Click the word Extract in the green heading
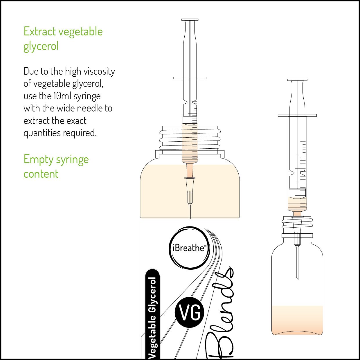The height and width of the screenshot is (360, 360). click(40, 31)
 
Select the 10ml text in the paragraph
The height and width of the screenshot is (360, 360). click(62, 96)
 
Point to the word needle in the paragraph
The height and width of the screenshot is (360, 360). click(90, 108)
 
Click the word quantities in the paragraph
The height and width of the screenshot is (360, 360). click(42, 133)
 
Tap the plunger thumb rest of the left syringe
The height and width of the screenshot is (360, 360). click(190, 20)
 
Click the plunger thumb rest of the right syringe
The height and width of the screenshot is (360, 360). click(297, 80)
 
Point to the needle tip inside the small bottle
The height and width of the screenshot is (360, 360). click(298, 279)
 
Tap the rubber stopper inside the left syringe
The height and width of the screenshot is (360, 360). click(190, 120)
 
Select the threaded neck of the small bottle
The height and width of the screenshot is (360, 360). click(297, 225)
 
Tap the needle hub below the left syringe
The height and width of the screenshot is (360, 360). click(190, 190)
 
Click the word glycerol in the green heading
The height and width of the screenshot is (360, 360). click(41, 46)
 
